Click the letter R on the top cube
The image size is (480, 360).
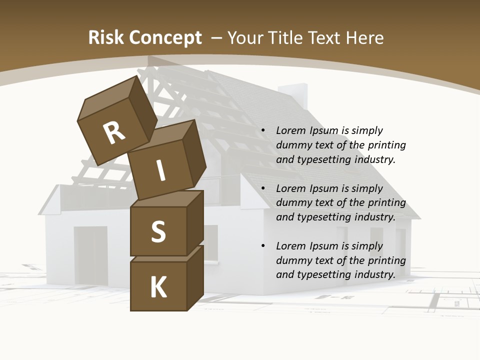click(114, 133)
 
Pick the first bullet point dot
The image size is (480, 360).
click(263, 130)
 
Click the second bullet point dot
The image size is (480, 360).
click(263, 188)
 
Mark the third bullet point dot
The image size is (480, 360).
click(263, 246)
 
